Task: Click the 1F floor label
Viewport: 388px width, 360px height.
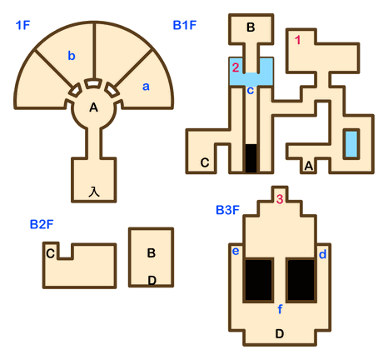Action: point(22,25)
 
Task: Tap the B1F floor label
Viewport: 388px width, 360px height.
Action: point(185,25)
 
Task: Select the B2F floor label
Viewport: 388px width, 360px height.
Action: point(42,224)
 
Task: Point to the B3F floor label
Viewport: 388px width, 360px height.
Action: point(227,210)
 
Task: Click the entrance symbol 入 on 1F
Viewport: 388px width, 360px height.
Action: point(94,192)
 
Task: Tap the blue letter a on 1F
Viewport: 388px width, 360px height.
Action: point(146,87)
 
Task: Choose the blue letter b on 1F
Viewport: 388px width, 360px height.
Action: point(72,56)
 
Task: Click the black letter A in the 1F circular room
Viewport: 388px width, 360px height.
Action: point(94,107)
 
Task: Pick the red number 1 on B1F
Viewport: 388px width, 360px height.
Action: point(298,40)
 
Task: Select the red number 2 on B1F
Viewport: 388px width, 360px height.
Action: point(236,67)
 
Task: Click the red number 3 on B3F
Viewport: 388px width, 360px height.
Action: point(280,199)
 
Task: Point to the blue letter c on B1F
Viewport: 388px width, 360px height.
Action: point(251,91)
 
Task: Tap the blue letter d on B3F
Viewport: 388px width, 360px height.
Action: point(322,254)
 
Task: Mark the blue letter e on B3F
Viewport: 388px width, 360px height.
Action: point(236,251)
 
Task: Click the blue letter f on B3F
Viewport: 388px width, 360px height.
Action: point(280,308)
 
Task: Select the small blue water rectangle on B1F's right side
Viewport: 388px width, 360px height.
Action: point(351,144)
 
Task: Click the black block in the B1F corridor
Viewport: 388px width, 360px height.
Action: point(251,158)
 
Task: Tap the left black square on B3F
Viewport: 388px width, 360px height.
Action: point(258,280)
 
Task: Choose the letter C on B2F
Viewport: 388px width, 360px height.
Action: point(51,253)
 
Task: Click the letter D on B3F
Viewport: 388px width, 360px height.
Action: point(280,333)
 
